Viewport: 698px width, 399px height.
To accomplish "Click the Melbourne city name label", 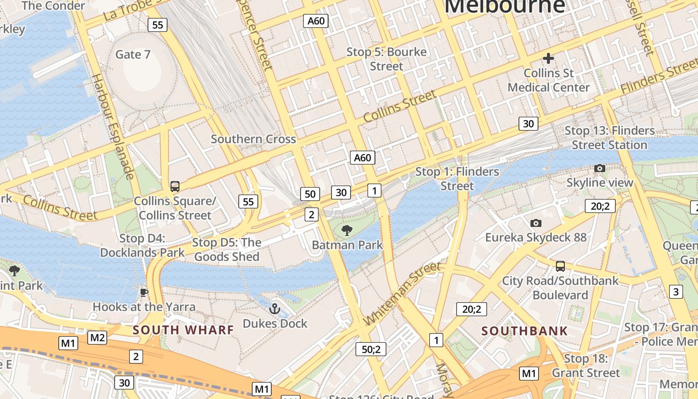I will click(505, 6).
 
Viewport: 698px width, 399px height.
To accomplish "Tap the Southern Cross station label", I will click(253, 139).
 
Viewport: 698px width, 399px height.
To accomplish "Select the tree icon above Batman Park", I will click(347, 230).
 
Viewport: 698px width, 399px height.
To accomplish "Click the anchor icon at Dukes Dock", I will click(275, 309).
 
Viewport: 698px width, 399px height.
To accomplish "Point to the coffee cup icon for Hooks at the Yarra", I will click(144, 292).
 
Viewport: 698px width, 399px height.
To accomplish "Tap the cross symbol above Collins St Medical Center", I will click(548, 58).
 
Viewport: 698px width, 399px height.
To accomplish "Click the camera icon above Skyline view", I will click(600, 168).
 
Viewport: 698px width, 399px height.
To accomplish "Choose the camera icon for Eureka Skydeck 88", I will click(536, 223).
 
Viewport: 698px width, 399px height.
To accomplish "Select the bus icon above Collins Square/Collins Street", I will click(174, 187).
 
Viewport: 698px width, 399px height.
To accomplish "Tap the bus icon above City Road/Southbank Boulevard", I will click(560, 266).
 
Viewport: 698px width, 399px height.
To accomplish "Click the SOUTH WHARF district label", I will click(183, 330).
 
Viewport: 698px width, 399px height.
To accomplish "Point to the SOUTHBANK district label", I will click(524, 331).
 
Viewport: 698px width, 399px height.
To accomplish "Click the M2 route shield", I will click(97, 338).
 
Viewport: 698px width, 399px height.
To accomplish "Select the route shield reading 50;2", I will click(371, 349).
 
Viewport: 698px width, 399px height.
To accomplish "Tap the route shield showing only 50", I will click(310, 194).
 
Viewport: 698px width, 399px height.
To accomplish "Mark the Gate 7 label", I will click(133, 54).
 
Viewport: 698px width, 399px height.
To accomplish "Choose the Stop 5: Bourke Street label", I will click(386, 59).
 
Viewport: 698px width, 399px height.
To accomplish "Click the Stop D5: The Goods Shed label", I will click(227, 250).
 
